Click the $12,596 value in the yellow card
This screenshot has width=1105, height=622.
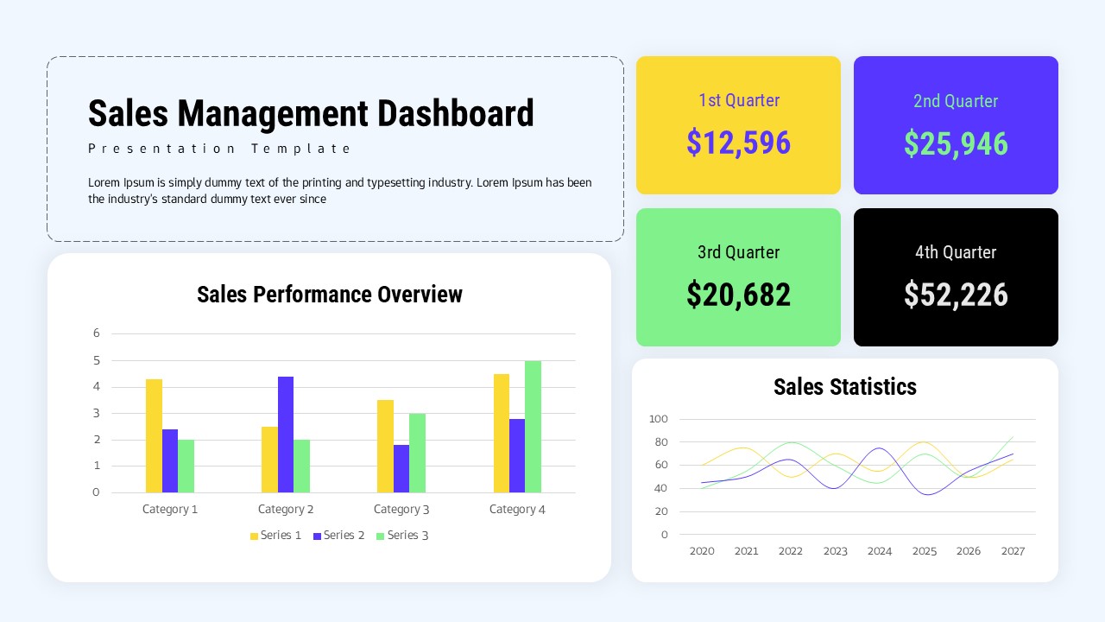coord(738,143)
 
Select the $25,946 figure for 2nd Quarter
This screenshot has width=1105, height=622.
coord(956,143)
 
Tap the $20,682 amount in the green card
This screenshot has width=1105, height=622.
coord(738,295)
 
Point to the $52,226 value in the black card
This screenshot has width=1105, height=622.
coord(956,295)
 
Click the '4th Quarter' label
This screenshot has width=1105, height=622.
coord(956,252)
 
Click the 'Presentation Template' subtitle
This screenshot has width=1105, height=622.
coord(219,149)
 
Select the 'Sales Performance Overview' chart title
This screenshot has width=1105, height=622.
coord(329,295)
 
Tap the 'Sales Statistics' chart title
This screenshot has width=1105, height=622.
coord(844,387)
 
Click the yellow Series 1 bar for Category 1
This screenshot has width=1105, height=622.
coord(154,435)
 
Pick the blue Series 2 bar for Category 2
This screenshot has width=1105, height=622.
coord(286,434)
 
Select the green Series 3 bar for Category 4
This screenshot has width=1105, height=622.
coord(533,427)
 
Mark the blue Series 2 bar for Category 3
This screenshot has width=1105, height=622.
coord(401,468)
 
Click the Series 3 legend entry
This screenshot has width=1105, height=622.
coord(402,536)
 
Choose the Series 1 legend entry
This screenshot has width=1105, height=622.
coord(275,536)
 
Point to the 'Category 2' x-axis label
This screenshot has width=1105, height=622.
coord(286,510)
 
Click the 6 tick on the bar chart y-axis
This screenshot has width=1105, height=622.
coord(97,333)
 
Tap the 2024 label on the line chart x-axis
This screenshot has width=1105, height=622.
coord(880,551)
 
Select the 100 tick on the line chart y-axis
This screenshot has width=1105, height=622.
coord(659,419)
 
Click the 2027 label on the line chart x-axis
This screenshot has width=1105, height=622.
coord(1013,551)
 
